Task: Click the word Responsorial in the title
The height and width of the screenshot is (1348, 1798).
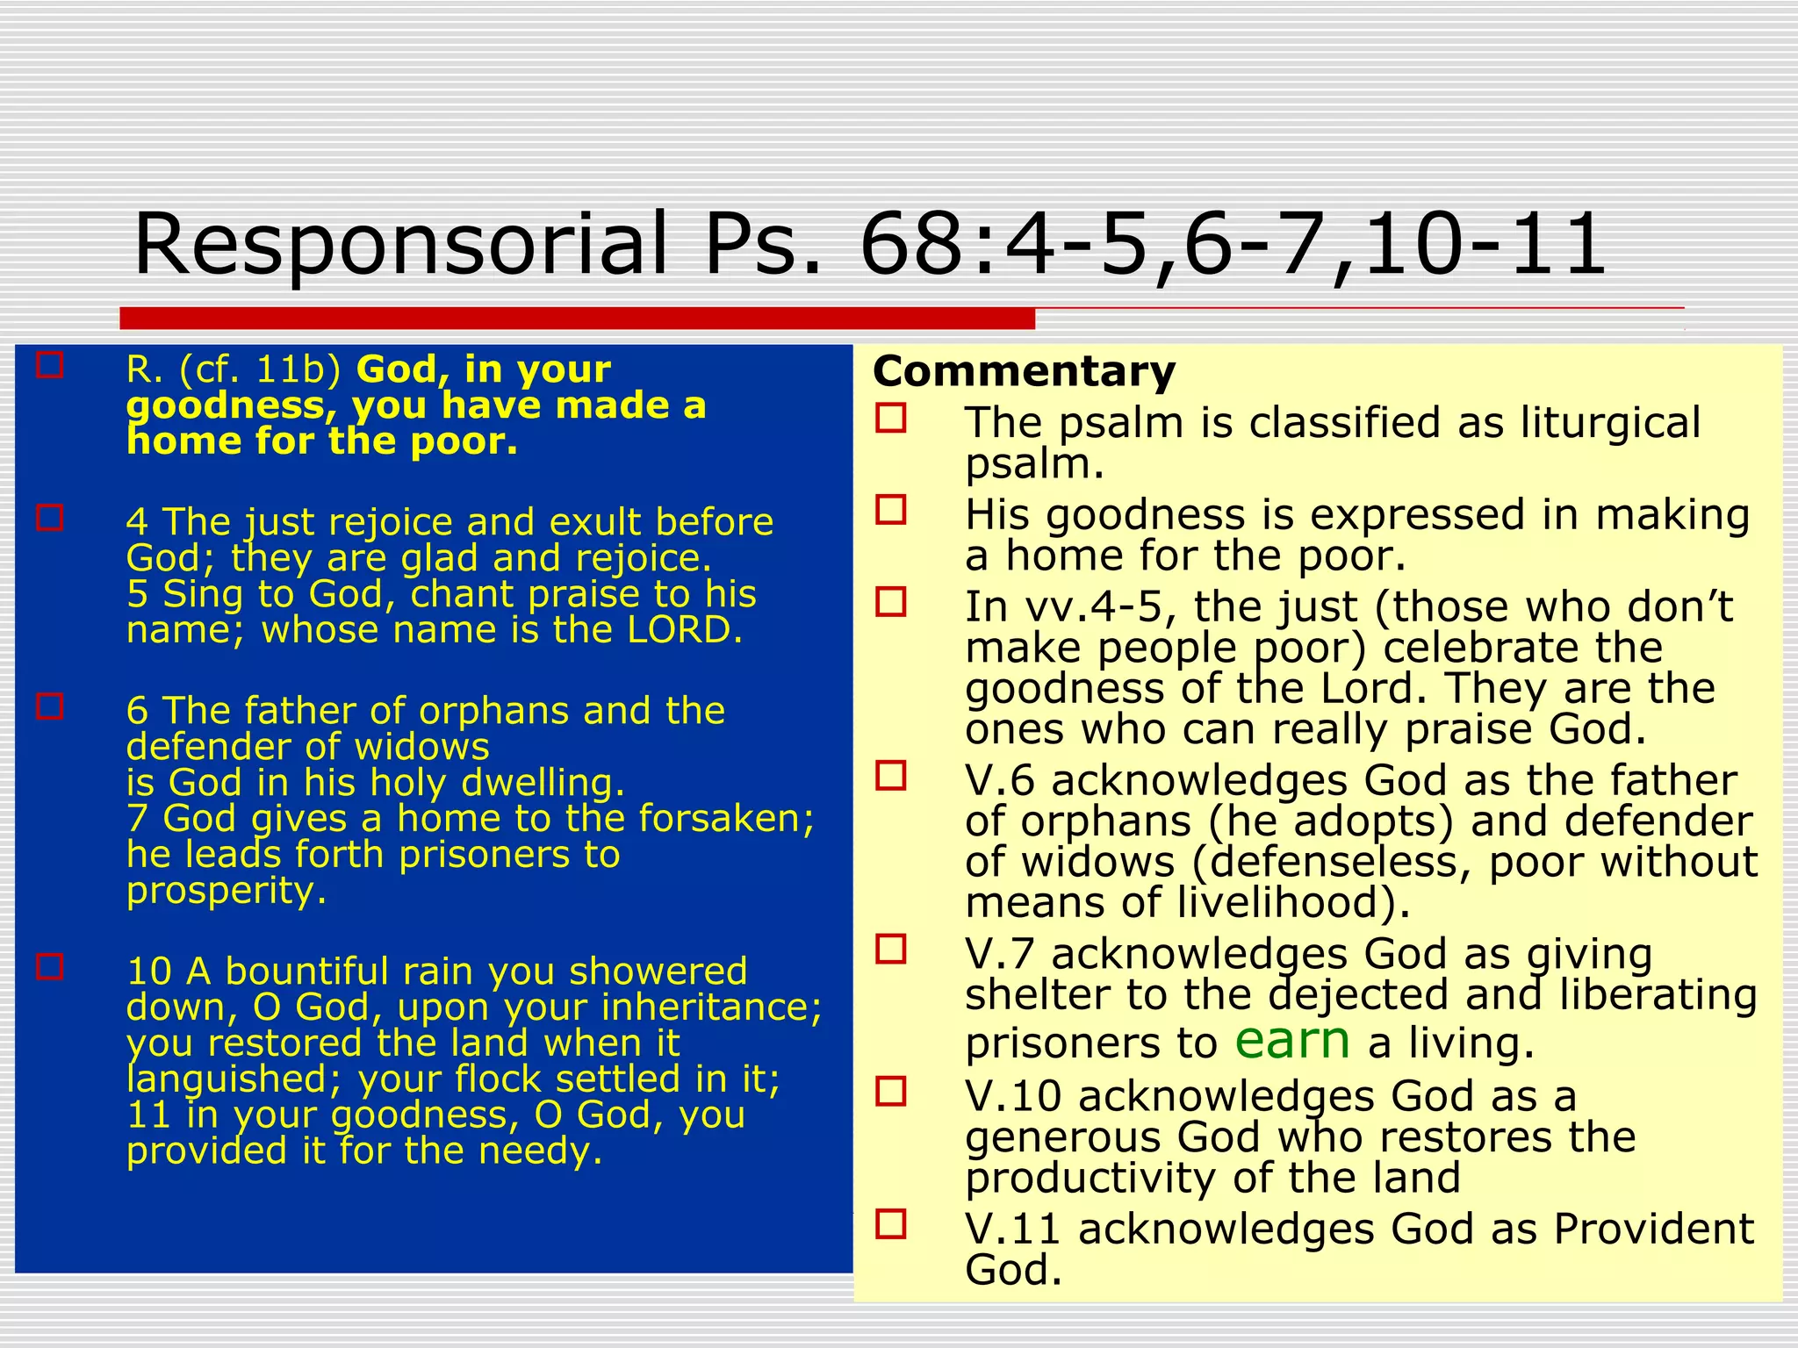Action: tap(400, 244)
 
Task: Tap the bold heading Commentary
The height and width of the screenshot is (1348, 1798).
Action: tap(1024, 371)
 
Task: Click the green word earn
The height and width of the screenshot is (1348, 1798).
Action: tap(1291, 1041)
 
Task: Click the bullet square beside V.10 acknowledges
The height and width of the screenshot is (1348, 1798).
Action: tap(891, 1092)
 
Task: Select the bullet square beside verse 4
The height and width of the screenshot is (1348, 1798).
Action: tap(50, 518)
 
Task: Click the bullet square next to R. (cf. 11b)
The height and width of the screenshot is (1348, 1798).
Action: tap(50, 365)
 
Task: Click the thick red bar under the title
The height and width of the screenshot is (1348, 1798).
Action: tap(577, 319)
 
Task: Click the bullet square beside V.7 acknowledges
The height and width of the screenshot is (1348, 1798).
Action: tap(891, 949)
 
